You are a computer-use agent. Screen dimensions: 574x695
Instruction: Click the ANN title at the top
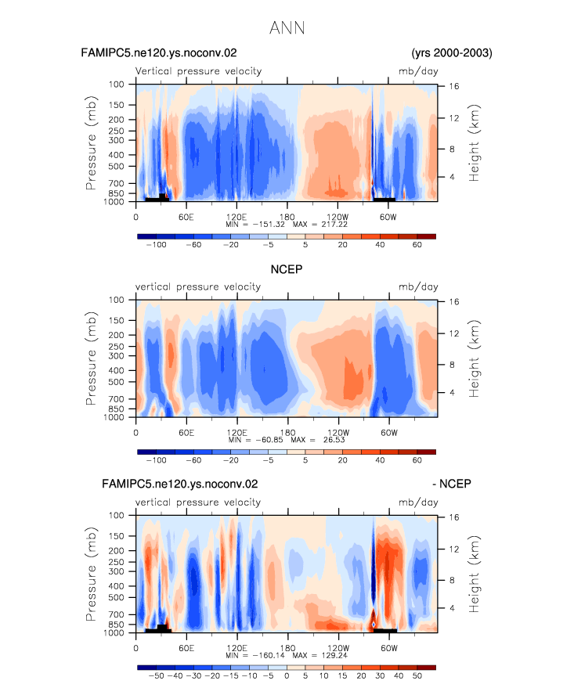[287, 28]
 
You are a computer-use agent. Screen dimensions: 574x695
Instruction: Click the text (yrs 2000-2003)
[452, 52]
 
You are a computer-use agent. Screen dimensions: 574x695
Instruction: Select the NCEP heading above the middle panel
[287, 269]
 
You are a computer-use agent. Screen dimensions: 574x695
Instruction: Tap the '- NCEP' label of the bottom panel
[452, 484]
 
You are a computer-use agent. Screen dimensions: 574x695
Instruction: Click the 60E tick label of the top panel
[186, 218]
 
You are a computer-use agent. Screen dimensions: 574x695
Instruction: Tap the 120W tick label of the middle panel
[338, 433]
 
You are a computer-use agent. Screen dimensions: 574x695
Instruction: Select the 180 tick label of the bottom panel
[287, 648]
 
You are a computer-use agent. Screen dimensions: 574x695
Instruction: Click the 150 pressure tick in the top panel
[116, 105]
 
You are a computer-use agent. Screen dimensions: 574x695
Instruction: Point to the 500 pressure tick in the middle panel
[116, 382]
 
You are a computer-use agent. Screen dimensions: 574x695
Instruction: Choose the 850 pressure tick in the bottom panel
[116, 625]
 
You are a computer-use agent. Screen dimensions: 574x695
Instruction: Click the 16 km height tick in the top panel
[453, 86]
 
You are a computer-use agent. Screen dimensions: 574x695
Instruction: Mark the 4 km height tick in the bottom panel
[452, 608]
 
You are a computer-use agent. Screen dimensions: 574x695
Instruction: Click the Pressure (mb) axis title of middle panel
[91, 358]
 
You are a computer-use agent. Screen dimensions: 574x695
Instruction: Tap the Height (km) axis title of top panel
[474, 142]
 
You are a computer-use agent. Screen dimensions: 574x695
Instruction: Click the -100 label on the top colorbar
[156, 245]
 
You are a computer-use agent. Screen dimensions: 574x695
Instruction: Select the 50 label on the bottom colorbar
[417, 676]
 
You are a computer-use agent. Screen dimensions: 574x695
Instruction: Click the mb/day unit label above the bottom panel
[418, 502]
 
